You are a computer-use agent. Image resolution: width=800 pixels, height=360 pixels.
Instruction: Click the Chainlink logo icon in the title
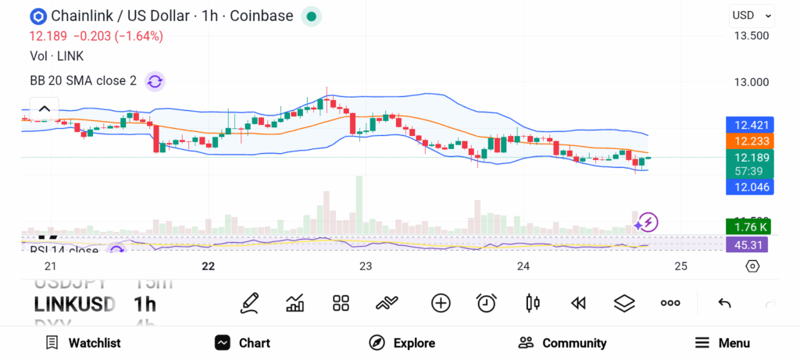coord(37,16)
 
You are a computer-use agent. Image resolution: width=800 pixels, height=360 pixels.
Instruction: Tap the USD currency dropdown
coord(752,15)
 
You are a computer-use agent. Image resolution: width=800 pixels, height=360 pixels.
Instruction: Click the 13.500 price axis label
coord(751,36)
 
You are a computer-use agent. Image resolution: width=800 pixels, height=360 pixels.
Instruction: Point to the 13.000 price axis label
coord(751,82)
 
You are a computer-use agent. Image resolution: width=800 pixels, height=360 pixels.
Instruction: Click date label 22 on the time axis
coord(208,266)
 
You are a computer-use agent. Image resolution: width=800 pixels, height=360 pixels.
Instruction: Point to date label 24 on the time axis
coord(523,266)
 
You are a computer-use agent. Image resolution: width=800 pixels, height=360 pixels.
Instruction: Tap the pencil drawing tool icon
coord(249,303)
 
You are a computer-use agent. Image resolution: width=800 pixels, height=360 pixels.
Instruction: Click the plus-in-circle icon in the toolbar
coord(441,303)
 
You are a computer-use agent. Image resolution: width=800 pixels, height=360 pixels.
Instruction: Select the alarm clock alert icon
coord(487,303)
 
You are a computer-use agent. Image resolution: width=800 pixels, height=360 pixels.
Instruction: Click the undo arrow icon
coord(724,303)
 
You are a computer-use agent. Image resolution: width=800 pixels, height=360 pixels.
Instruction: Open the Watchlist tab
coord(83,343)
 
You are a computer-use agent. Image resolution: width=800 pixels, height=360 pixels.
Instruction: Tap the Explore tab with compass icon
coord(402,343)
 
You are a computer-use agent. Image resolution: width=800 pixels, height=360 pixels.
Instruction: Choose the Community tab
coord(562,343)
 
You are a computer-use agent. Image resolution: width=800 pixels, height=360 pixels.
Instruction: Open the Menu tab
coord(722,343)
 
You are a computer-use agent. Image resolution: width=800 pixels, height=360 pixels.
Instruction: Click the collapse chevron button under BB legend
coord(45,109)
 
